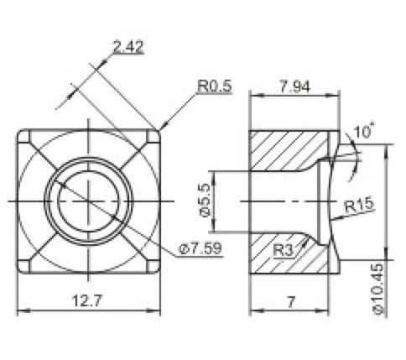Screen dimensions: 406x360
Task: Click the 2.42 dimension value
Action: pos(128,47)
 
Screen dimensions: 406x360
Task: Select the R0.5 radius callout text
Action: pos(215,86)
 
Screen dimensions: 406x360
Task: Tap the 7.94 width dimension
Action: pos(295,86)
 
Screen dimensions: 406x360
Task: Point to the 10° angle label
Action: pos(363,132)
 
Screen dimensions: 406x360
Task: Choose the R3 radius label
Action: pos(284,250)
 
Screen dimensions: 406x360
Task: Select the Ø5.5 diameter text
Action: pos(206,200)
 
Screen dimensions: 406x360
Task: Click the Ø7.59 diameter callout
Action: pos(200,248)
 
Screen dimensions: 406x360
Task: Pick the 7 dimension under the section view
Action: pos(291,302)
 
